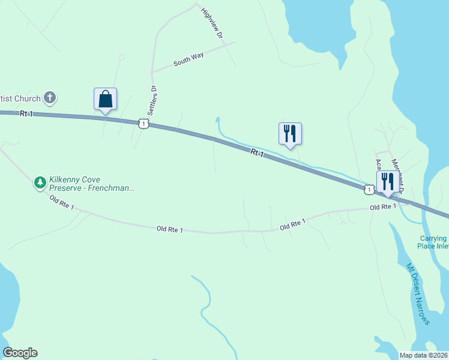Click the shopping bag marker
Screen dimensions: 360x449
[x=105, y=99]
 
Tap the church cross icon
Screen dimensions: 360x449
[x=50, y=97]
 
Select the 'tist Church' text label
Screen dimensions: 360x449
[x=20, y=98]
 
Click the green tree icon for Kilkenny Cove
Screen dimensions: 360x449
[x=40, y=182]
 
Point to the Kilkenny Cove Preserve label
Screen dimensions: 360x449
[x=91, y=184]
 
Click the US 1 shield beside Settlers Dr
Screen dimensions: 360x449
[x=143, y=123]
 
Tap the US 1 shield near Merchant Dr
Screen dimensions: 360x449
[x=368, y=189]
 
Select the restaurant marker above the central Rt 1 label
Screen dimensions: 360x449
[x=290, y=134]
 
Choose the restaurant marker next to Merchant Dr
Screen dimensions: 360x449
[x=387, y=182]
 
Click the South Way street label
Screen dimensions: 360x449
[x=188, y=59]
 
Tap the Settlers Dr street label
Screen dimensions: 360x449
[x=153, y=101]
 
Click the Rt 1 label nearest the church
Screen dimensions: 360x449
[x=25, y=113]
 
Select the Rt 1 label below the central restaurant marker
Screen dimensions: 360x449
[x=257, y=154]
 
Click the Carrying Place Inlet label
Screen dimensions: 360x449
[x=433, y=242]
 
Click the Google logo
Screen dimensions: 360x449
[x=20, y=353]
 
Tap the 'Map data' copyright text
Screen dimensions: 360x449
[x=423, y=355]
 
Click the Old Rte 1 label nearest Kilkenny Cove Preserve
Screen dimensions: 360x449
[x=62, y=203]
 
